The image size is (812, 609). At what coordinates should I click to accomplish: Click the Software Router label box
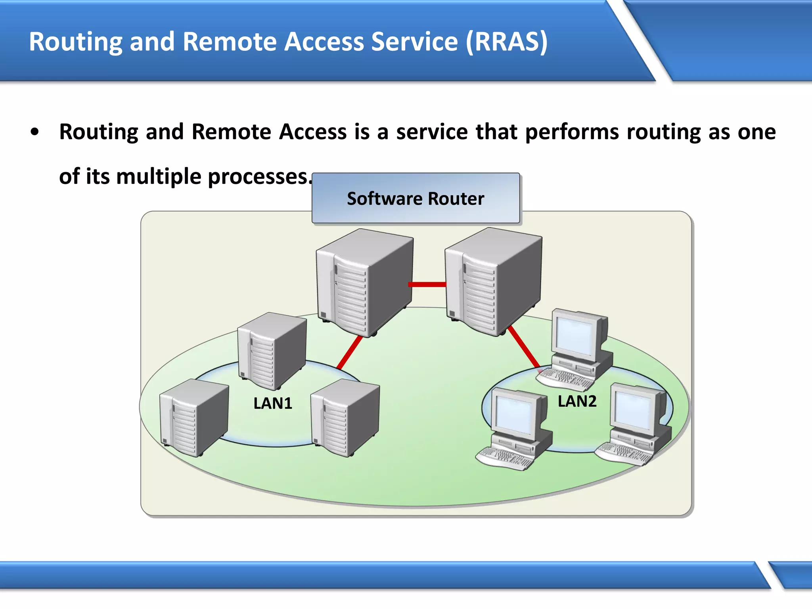pyautogui.click(x=416, y=198)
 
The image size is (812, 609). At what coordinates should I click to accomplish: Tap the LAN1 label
pyautogui.click(x=273, y=404)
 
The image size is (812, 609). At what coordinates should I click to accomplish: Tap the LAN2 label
pyautogui.click(x=577, y=401)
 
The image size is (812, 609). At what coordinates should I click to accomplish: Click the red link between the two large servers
pyautogui.click(x=427, y=284)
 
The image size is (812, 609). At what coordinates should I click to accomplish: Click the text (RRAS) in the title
pyautogui.click(x=507, y=41)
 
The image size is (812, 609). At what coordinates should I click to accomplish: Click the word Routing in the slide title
pyautogui.click(x=75, y=42)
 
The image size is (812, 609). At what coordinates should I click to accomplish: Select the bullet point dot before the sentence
pyautogui.click(x=35, y=132)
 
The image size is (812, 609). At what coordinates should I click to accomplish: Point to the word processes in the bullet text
pyautogui.click(x=258, y=177)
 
